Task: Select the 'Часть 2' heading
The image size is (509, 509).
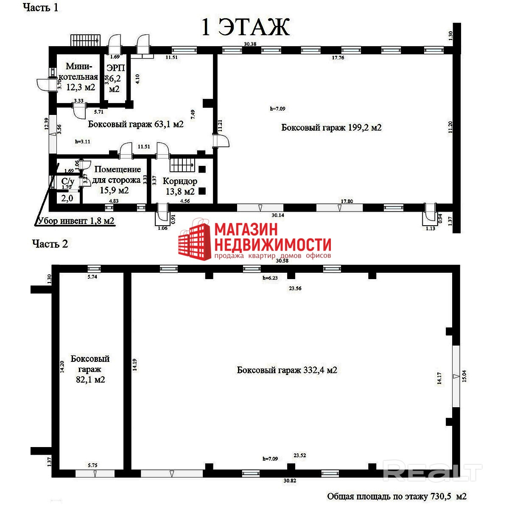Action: [x=50, y=244]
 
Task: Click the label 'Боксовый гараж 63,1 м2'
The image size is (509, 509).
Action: [x=136, y=124]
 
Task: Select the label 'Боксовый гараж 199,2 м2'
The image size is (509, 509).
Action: [x=331, y=127]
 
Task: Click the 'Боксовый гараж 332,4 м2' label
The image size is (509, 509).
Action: [x=287, y=370]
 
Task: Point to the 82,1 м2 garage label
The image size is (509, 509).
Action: [x=90, y=369]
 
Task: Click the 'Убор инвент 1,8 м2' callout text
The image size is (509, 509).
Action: [x=76, y=221]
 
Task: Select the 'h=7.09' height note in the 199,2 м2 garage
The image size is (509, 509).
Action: [x=277, y=109]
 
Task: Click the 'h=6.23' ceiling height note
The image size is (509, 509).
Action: [x=270, y=278]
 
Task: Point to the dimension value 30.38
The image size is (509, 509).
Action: [x=250, y=44]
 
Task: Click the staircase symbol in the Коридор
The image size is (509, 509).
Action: [x=182, y=164]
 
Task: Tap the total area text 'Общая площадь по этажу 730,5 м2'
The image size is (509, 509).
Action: [x=397, y=496]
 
